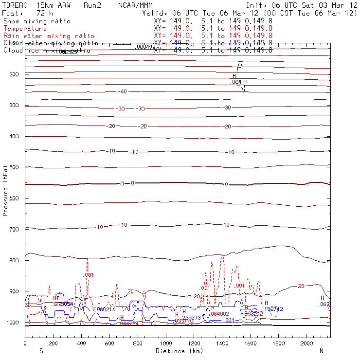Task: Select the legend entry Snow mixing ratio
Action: (36, 21)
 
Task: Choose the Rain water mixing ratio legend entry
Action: (49, 36)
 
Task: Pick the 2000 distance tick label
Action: (307, 343)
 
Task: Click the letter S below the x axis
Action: (41, 351)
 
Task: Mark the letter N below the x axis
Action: (321, 351)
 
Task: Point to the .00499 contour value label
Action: (239, 82)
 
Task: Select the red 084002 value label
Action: (219, 314)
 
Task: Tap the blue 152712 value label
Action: (273, 309)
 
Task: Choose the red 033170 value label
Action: (184, 321)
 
